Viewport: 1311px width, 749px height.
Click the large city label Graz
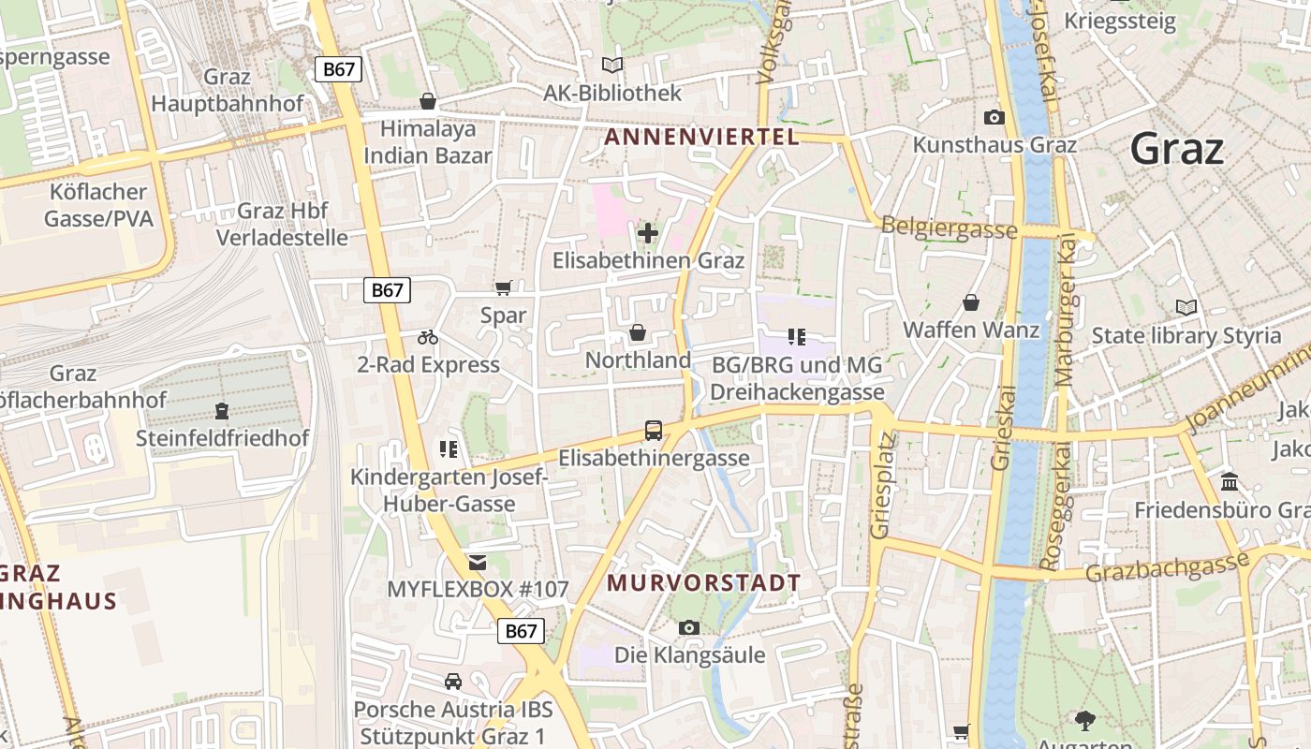(x=1176, y=149)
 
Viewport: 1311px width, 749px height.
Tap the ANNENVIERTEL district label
(x=701, y=137)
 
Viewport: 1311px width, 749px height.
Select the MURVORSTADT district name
(x=704, y=582)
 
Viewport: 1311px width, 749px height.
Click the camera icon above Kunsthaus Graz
(x=994, y=117)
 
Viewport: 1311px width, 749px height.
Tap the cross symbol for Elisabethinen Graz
(x=648, y=232)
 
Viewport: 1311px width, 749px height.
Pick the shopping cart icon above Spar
(x=504, y=287)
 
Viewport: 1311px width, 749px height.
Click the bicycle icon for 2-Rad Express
(x=428, y=337)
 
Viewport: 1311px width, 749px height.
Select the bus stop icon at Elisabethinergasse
(x=654, y=431)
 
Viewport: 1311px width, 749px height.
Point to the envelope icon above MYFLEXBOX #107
(x=478, y=563)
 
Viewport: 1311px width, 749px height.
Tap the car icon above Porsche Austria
(x=453, y=682)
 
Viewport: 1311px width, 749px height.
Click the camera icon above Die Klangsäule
(x=689, y=627)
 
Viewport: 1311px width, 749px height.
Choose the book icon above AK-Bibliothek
(x=612, y=66)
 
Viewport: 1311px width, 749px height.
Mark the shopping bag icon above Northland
(x=638, y=332)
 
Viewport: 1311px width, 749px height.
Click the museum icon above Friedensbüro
(x=1230, y=482)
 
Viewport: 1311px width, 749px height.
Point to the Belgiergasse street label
(x=950, y=228)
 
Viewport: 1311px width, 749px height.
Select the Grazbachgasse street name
(x=1167, y=565)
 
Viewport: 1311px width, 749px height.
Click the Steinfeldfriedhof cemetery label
(x=222, y=438)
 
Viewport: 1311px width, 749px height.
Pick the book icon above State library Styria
(x=1186, y=307)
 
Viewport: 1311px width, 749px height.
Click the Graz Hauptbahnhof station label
(x=228, y=90)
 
